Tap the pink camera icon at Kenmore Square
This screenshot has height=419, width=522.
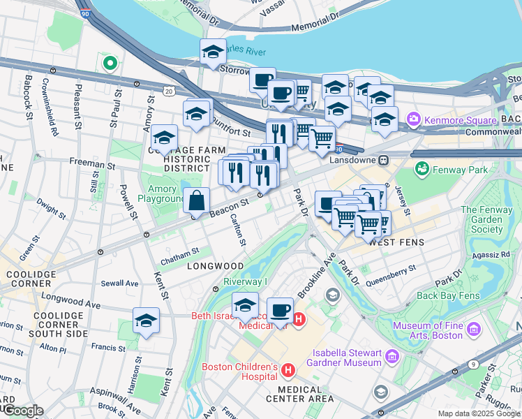pos(415,119)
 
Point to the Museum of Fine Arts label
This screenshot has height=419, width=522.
pos(428,330)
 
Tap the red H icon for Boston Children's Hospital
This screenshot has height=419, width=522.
pos(287,367)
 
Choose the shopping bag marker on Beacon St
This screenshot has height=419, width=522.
pos(197,201)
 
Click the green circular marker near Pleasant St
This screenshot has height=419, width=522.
pos(109,64)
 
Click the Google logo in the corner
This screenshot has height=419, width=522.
pos(23,411)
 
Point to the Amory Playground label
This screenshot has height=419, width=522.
pos(162,193)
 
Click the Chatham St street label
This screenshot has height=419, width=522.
pos(180,252)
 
